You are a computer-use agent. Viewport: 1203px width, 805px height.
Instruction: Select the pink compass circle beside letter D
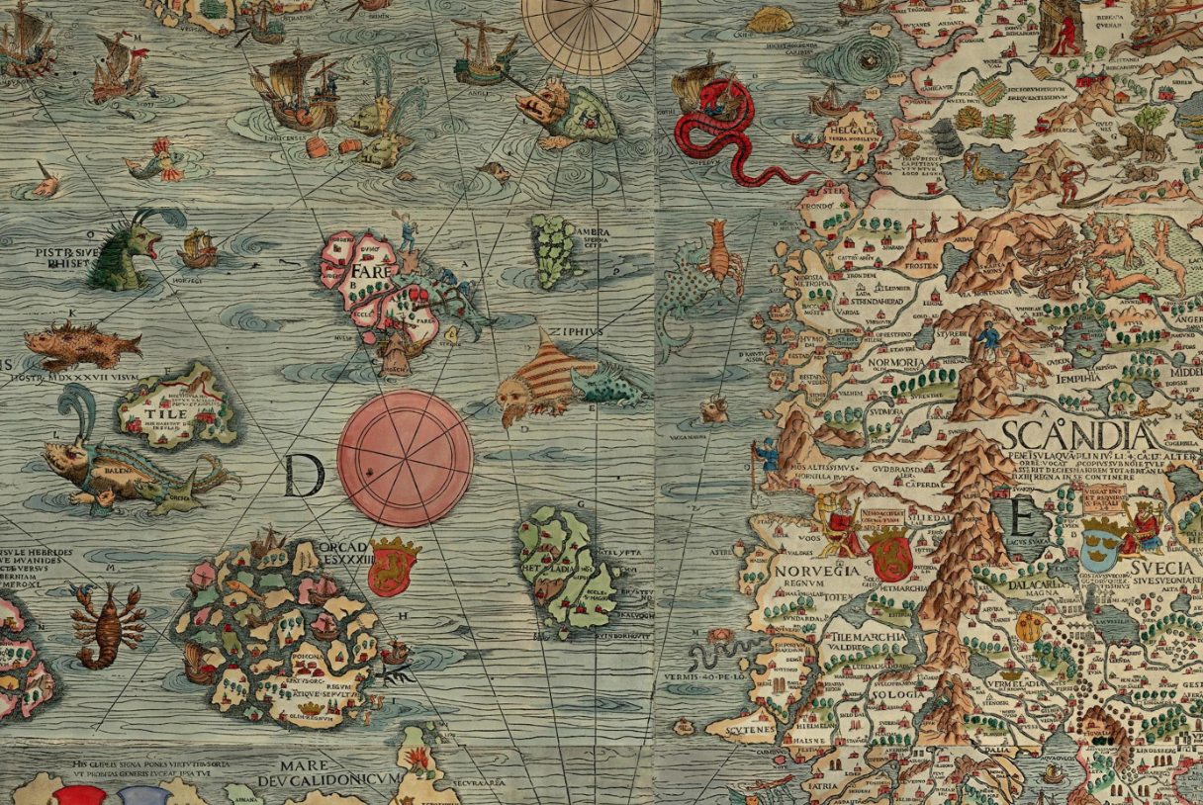pos(405,457)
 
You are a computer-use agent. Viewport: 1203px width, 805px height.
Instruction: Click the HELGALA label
pos(855,131)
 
